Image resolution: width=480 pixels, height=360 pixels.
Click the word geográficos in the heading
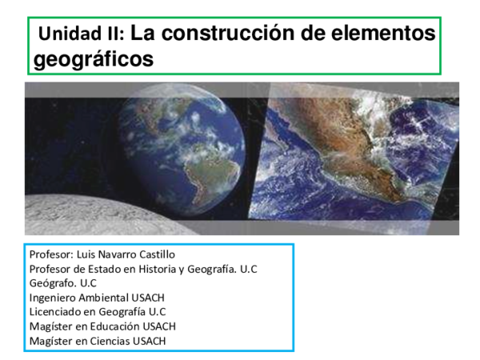click(x=94, y=59)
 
